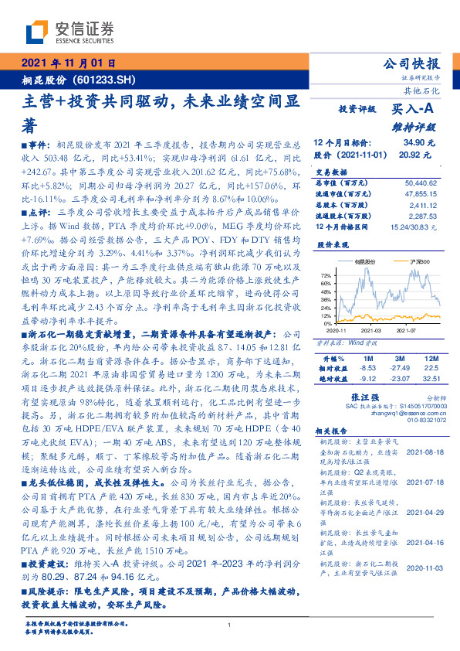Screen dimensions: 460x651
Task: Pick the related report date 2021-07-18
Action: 423,481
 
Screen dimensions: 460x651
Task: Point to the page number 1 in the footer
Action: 230,625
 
